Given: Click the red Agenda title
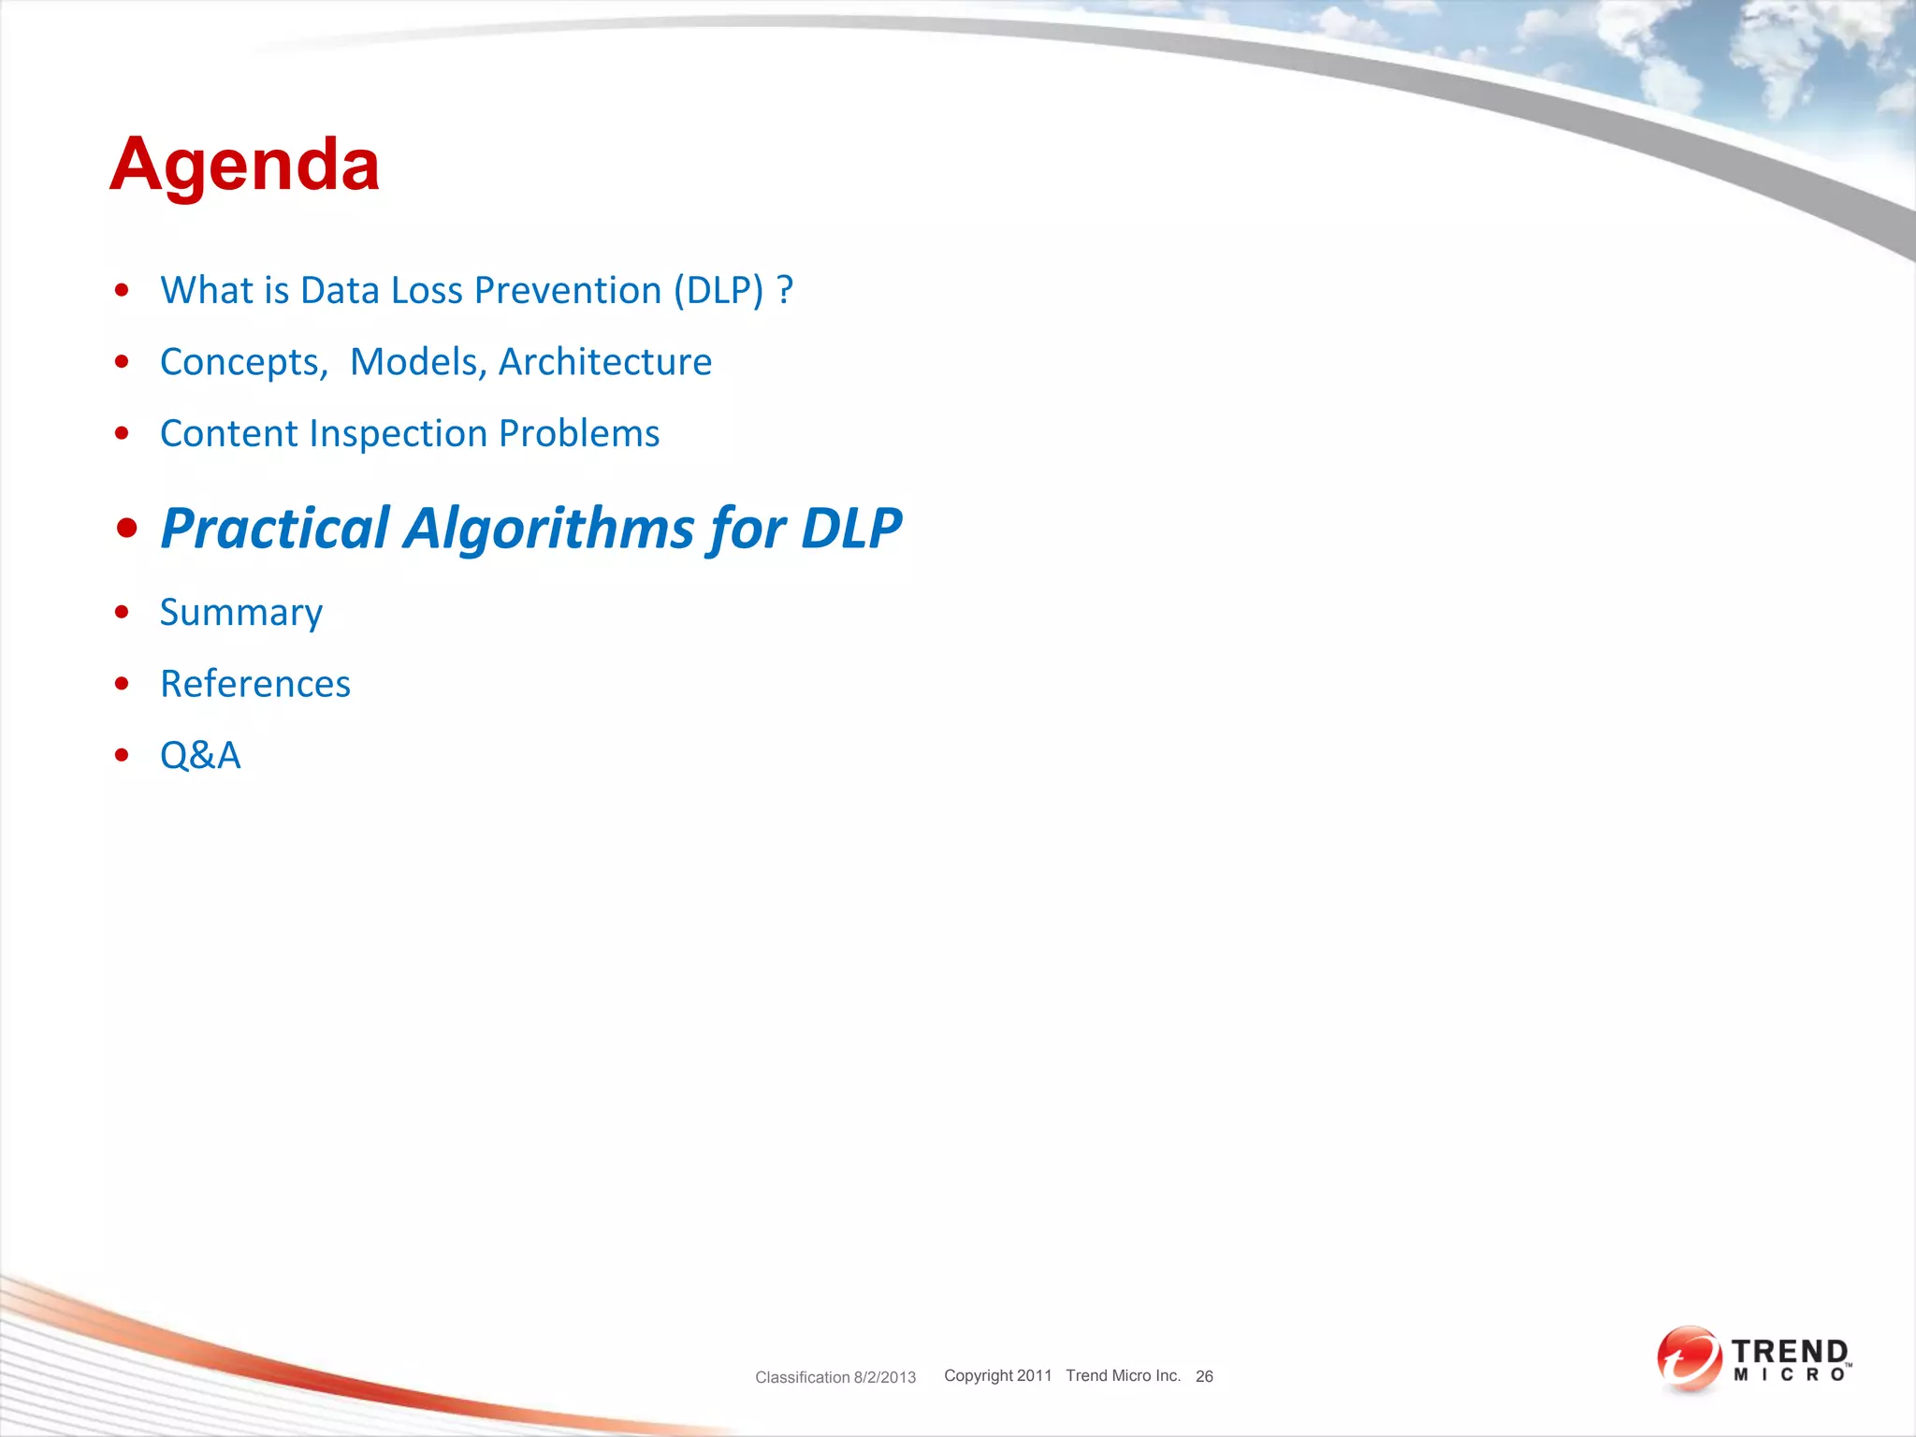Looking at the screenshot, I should point(244,165).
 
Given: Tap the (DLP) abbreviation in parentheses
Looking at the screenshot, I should point(718,291).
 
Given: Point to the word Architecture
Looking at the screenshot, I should point(604,362).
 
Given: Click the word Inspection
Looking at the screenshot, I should point(399,434).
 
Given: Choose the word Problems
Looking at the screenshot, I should point(579,434).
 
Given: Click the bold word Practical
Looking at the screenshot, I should point(274,529).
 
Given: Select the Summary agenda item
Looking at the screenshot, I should point(241,613).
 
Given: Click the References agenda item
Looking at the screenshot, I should point(255,684).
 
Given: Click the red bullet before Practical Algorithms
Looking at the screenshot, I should point(127,529).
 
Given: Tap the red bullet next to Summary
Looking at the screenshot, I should point(122,613).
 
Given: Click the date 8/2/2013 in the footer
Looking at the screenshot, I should point(884,1377).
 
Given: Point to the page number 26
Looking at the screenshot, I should point(1204,1376).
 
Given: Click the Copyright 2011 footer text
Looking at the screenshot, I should point(997,1375).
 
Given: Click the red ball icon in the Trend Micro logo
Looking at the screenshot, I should point(1689,1358).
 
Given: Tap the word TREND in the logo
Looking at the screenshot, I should point(1789,1352).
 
